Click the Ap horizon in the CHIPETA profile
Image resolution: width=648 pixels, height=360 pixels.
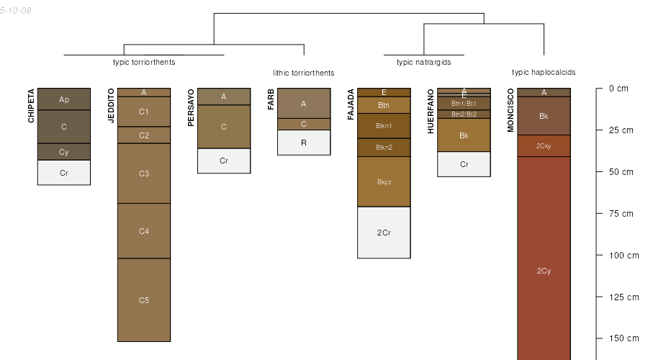click(64, 99)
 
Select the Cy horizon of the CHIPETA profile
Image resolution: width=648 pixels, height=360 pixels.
click(64, 152)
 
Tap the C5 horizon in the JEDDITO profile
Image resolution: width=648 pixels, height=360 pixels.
click(144, 300)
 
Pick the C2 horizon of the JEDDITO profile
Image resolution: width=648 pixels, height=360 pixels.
click(144, 135)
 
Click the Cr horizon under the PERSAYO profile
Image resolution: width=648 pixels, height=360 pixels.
click(224, 161)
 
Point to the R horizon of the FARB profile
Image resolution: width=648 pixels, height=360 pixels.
click(304, 143)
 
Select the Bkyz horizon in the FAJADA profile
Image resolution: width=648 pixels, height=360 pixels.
click(384, 181)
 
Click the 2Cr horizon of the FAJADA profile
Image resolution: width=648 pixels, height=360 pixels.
click(384, 233)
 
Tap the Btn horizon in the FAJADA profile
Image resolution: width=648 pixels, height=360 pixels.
click(384, 105)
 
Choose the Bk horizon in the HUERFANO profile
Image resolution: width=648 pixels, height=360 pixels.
click(464, 135)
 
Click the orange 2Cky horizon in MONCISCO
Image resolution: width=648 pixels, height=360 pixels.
click(544, 146)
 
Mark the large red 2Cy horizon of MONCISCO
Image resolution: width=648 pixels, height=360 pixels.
click(544, 271)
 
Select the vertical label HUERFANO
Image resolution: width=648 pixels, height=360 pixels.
click(431, 111)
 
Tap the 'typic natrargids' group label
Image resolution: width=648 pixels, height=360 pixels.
click(424, 62)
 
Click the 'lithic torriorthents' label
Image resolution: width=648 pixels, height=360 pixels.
click(304, 73)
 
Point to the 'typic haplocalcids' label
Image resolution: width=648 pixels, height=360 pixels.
click(544, 72)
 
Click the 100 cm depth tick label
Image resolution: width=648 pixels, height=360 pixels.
click(624, 256)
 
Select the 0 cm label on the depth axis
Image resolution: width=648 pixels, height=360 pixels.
click(618, 89)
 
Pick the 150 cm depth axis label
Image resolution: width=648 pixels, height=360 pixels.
click(624, 338)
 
